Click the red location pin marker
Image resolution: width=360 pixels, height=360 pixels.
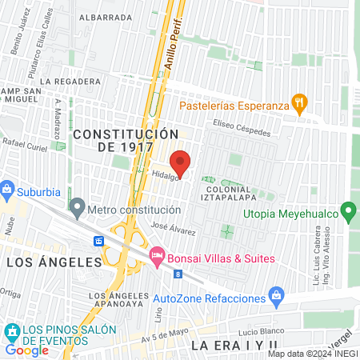(181, 162)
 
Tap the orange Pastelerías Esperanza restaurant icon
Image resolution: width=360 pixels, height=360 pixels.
(299, 102)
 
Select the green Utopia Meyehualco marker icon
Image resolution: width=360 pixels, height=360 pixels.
(348, 213)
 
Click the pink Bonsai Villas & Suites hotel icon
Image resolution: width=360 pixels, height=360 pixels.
(157, 258)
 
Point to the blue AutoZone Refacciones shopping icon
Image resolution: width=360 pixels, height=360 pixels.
(276, 295)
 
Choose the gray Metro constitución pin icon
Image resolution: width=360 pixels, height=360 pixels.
(77, 209)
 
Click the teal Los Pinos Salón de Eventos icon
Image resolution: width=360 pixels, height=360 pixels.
(12, 330)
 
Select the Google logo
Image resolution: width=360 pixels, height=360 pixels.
(26, 350)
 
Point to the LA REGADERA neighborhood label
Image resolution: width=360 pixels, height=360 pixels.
(72, 82)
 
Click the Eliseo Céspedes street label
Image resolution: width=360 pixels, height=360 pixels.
(242, 124)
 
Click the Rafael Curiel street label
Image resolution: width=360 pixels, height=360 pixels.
(26, 142)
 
